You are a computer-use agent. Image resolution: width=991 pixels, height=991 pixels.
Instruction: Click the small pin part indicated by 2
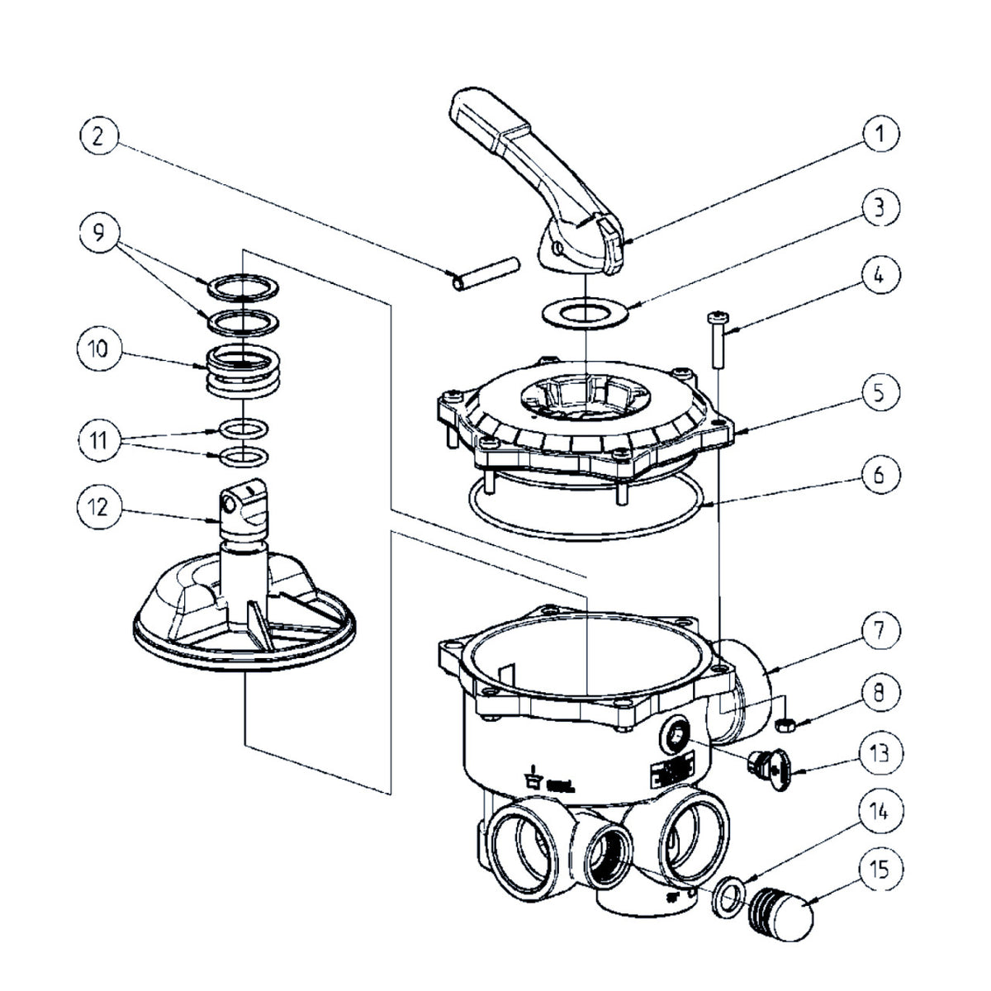[x=486, y=273]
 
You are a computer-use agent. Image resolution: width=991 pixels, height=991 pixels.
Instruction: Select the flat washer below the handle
[x=584, y=315]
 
